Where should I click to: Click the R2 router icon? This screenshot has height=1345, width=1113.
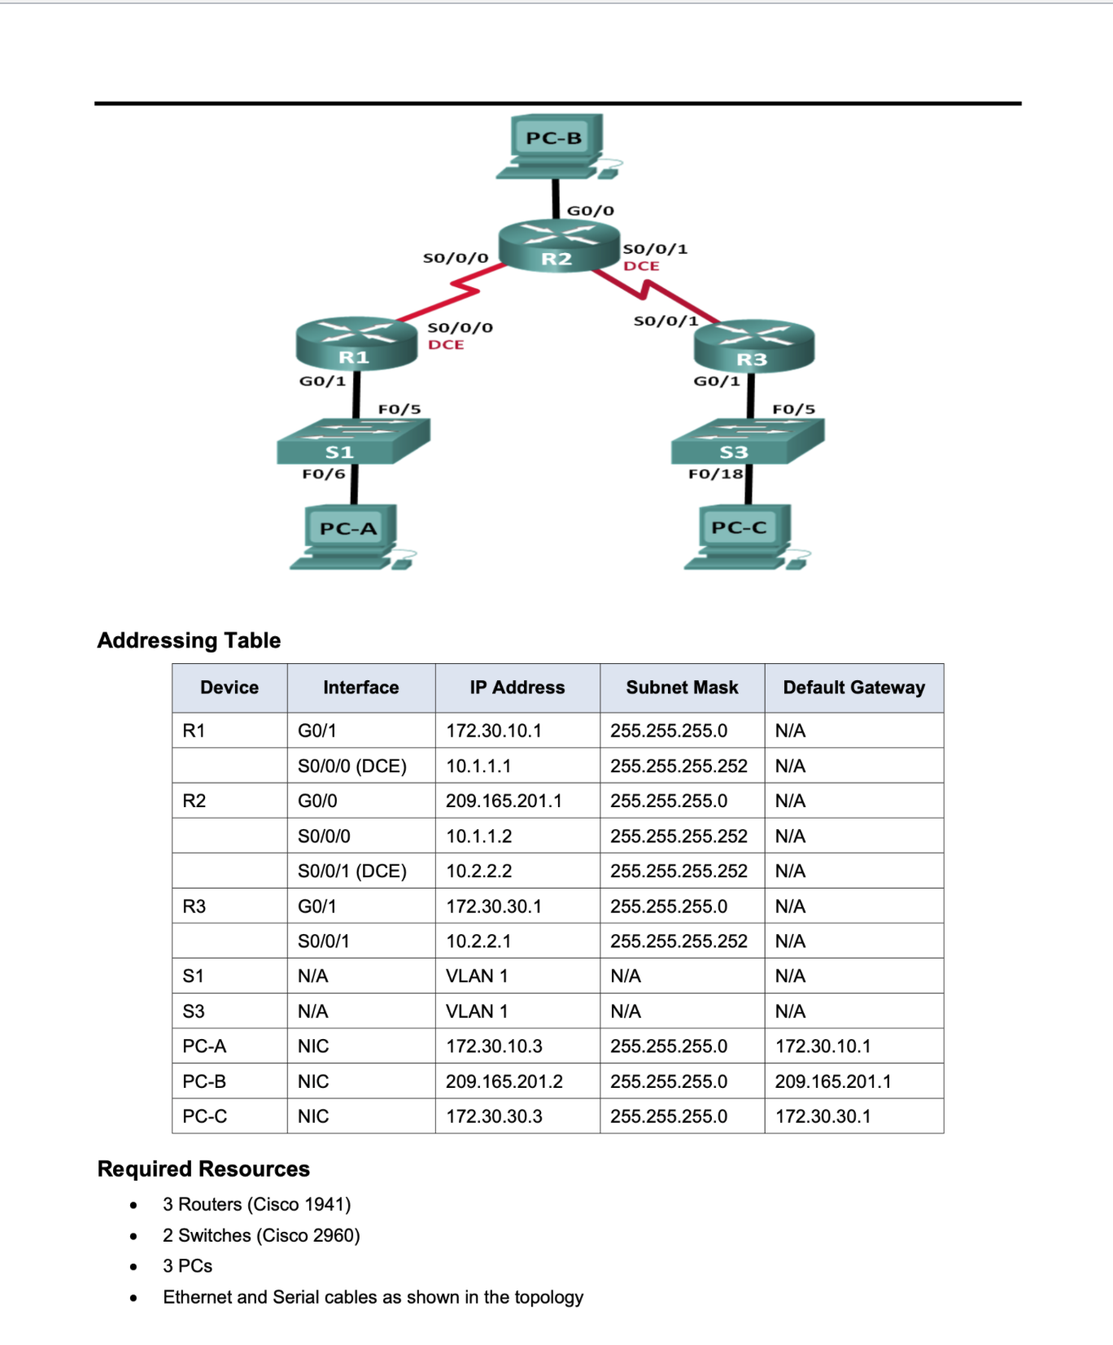coord(558,245)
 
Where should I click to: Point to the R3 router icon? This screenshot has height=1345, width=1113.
coord(753,346)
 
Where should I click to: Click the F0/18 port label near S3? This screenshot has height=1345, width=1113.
coord(715,474)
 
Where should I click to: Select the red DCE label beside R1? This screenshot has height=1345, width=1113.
coord(446,345)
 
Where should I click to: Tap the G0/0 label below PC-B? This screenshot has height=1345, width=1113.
coord(590,211)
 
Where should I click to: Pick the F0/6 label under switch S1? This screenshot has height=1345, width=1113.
coord(324,474)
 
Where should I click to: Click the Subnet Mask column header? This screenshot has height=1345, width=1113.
coord(682,688)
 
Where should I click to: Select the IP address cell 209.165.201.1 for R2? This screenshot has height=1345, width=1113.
coord(504,801)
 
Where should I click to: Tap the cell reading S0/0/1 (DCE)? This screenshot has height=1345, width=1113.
coord(351,871)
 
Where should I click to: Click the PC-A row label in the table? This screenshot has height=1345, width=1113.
coord(204,1046)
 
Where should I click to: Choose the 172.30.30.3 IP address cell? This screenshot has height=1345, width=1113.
coord(494,1116)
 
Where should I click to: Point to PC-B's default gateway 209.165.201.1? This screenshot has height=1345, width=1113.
coord(832,1081)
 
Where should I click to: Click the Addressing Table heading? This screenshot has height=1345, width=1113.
coord(189,640)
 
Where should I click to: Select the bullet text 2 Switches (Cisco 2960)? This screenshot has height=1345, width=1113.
coord(261,1235)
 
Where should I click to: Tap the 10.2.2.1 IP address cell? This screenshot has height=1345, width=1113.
coord(478,941)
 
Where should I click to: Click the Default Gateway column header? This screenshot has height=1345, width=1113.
coord(853,688)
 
